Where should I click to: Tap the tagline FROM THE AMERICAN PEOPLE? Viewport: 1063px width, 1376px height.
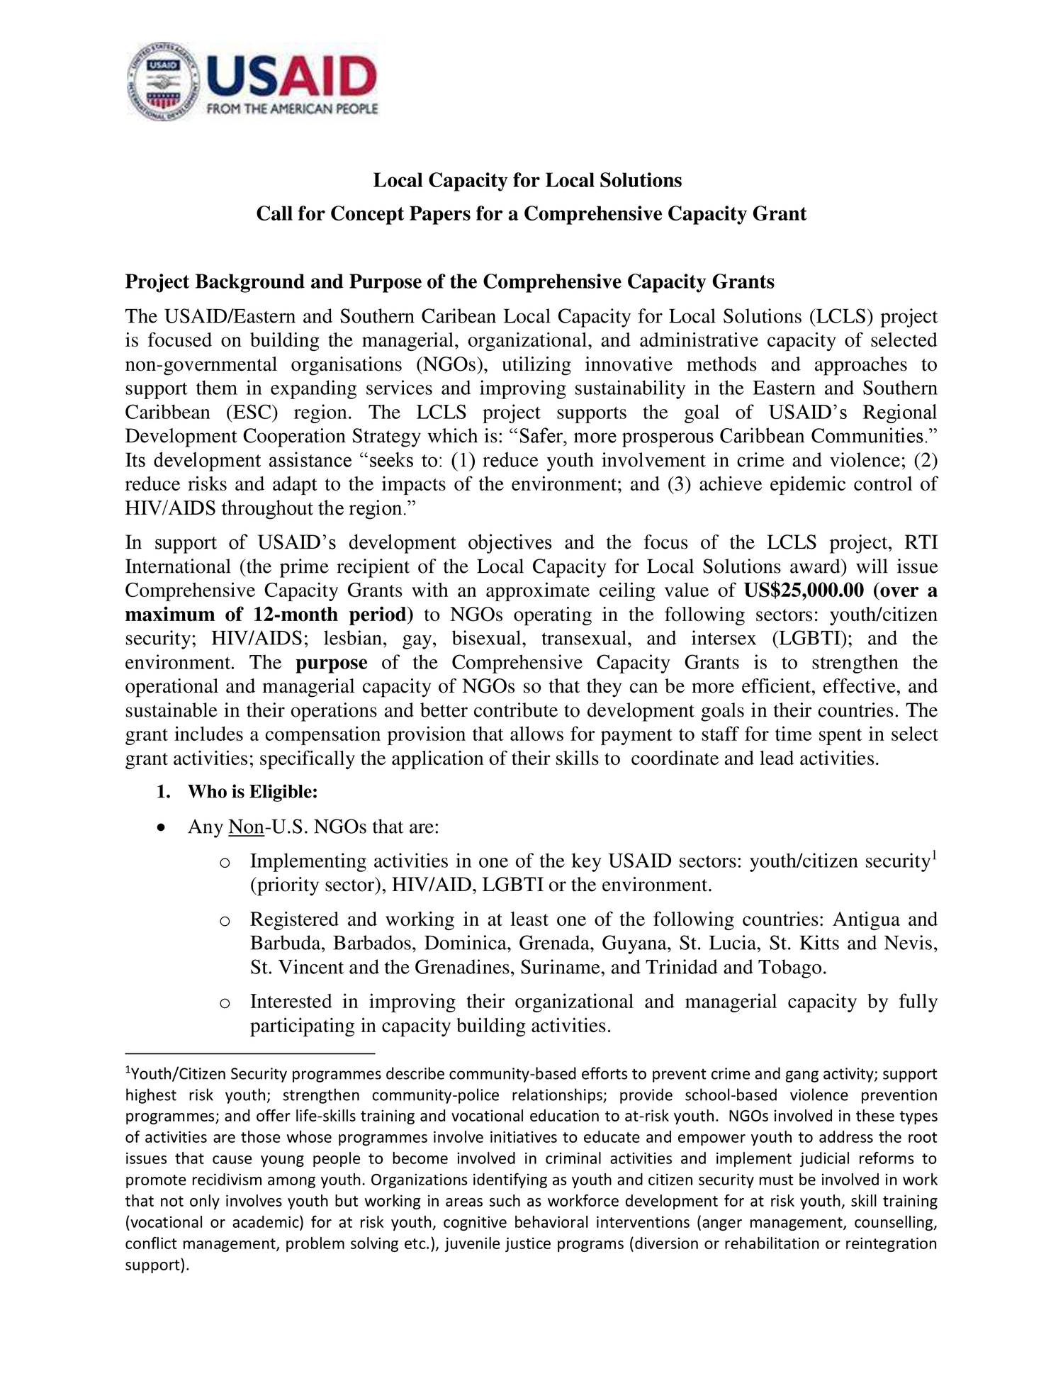click(x=291, y=109)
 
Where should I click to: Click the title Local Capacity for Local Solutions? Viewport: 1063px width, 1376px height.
click(x=527, y=181)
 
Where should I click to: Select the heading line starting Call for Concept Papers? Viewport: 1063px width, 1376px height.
click(x=531, y=213)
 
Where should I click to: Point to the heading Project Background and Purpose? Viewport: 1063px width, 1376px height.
click(x=449, y=282)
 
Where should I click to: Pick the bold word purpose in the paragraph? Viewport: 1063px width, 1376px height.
click(x=331, y=663)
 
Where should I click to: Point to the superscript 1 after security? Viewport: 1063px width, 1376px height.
click(x=934, y=856)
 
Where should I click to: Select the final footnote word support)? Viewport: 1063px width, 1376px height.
click(x=157, y=1265)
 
